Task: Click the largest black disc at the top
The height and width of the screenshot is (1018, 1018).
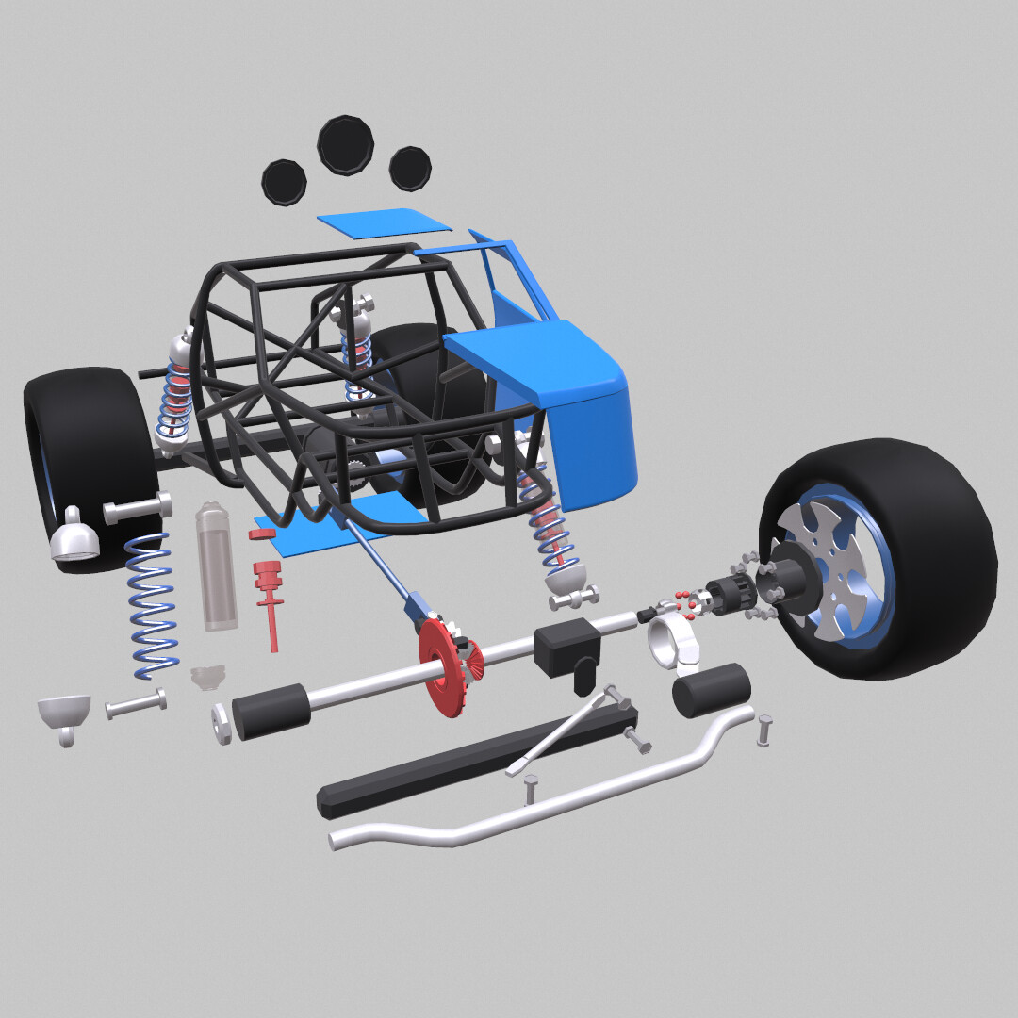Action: (346, 144)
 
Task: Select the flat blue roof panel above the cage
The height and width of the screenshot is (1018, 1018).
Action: (384, 222)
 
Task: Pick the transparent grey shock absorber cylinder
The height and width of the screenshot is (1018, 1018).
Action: (216, 567)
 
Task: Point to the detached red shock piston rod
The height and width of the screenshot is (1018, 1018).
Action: (271, 603)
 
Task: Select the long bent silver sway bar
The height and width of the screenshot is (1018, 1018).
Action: (547, 797)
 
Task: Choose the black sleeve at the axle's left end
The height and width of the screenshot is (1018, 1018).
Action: (271, 711)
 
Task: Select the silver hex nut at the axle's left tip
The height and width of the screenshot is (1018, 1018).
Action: (222, 724)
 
